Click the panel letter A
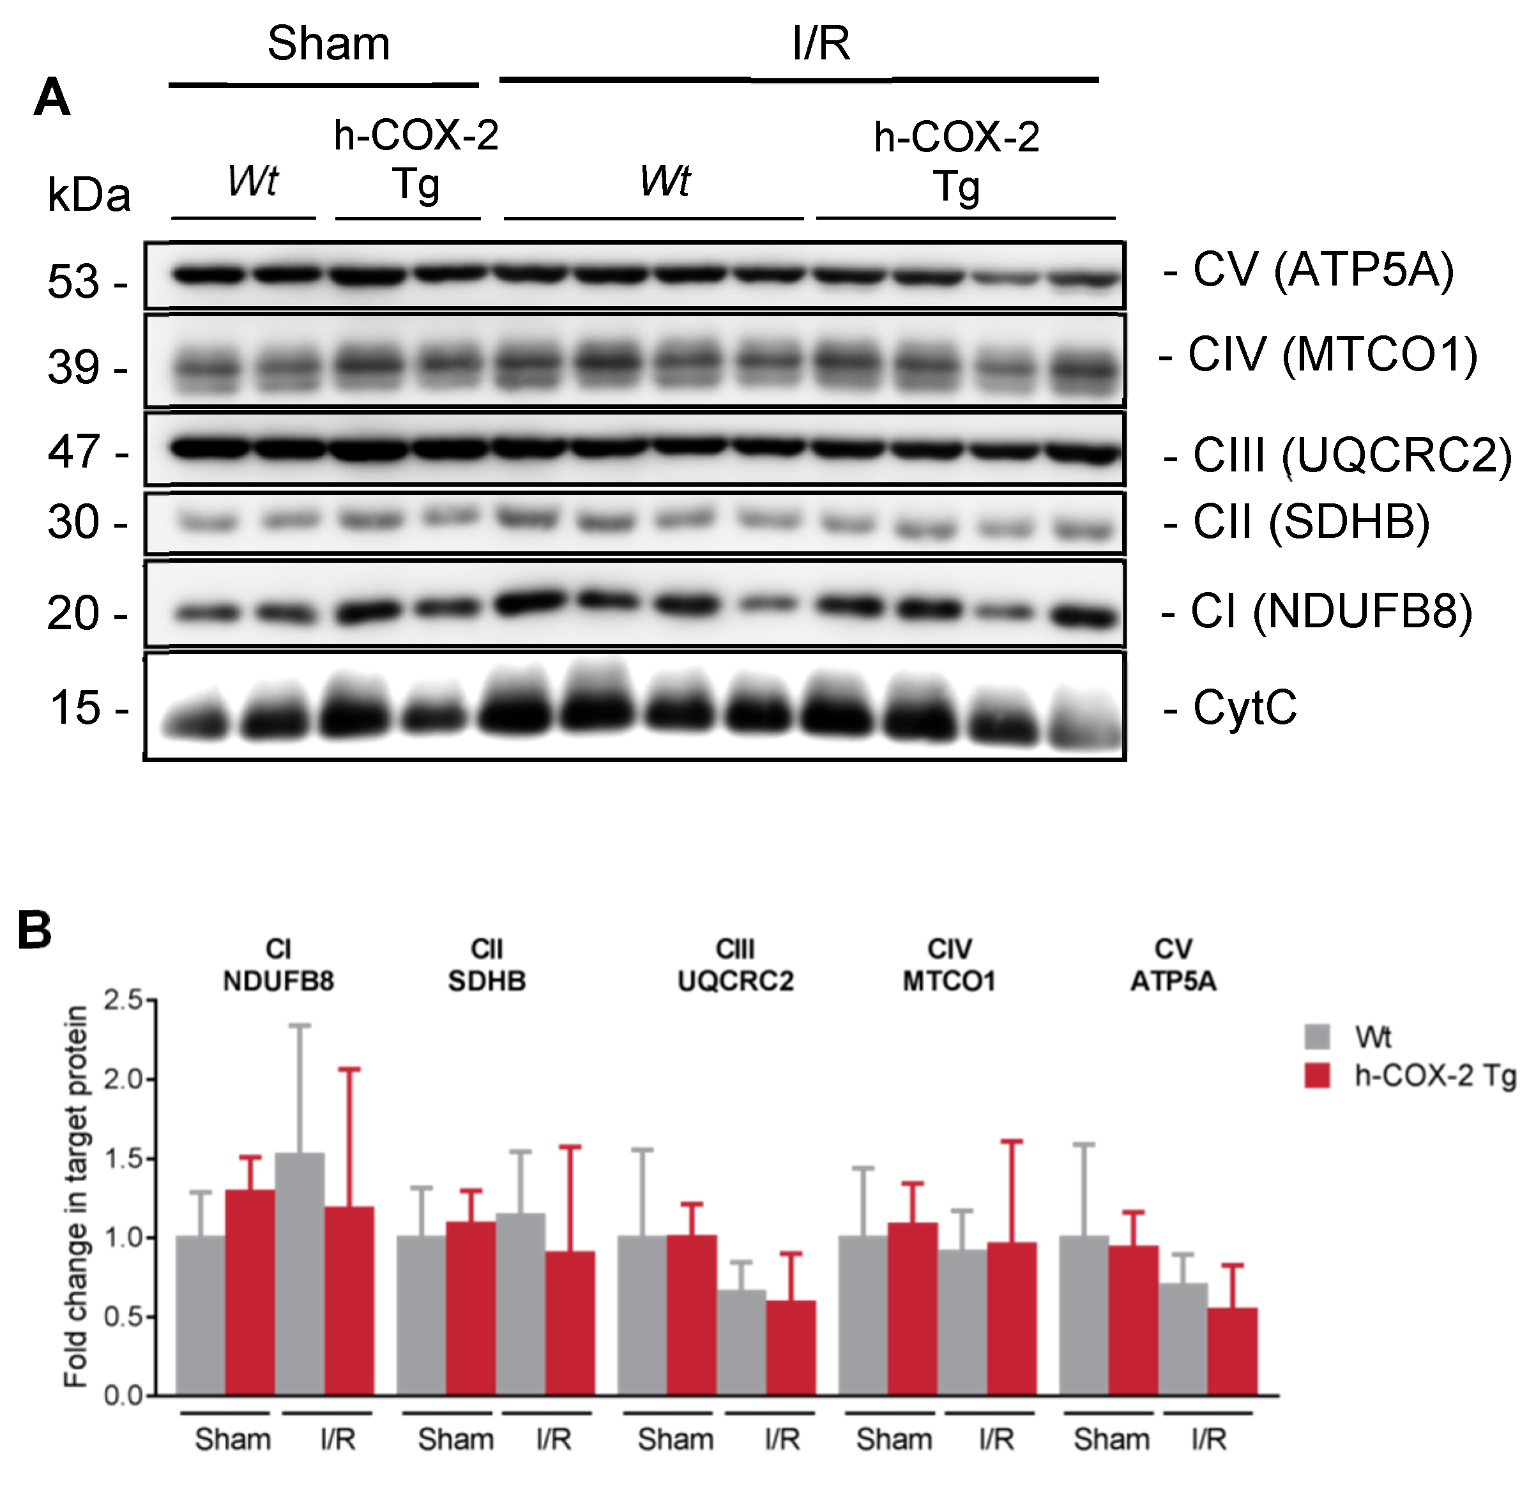tap(52, 98)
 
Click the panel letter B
tap(34, 930)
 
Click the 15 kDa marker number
tap(75, 708)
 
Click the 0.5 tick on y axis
tap(123, 1317)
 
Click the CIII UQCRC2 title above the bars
tap(735, 965)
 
